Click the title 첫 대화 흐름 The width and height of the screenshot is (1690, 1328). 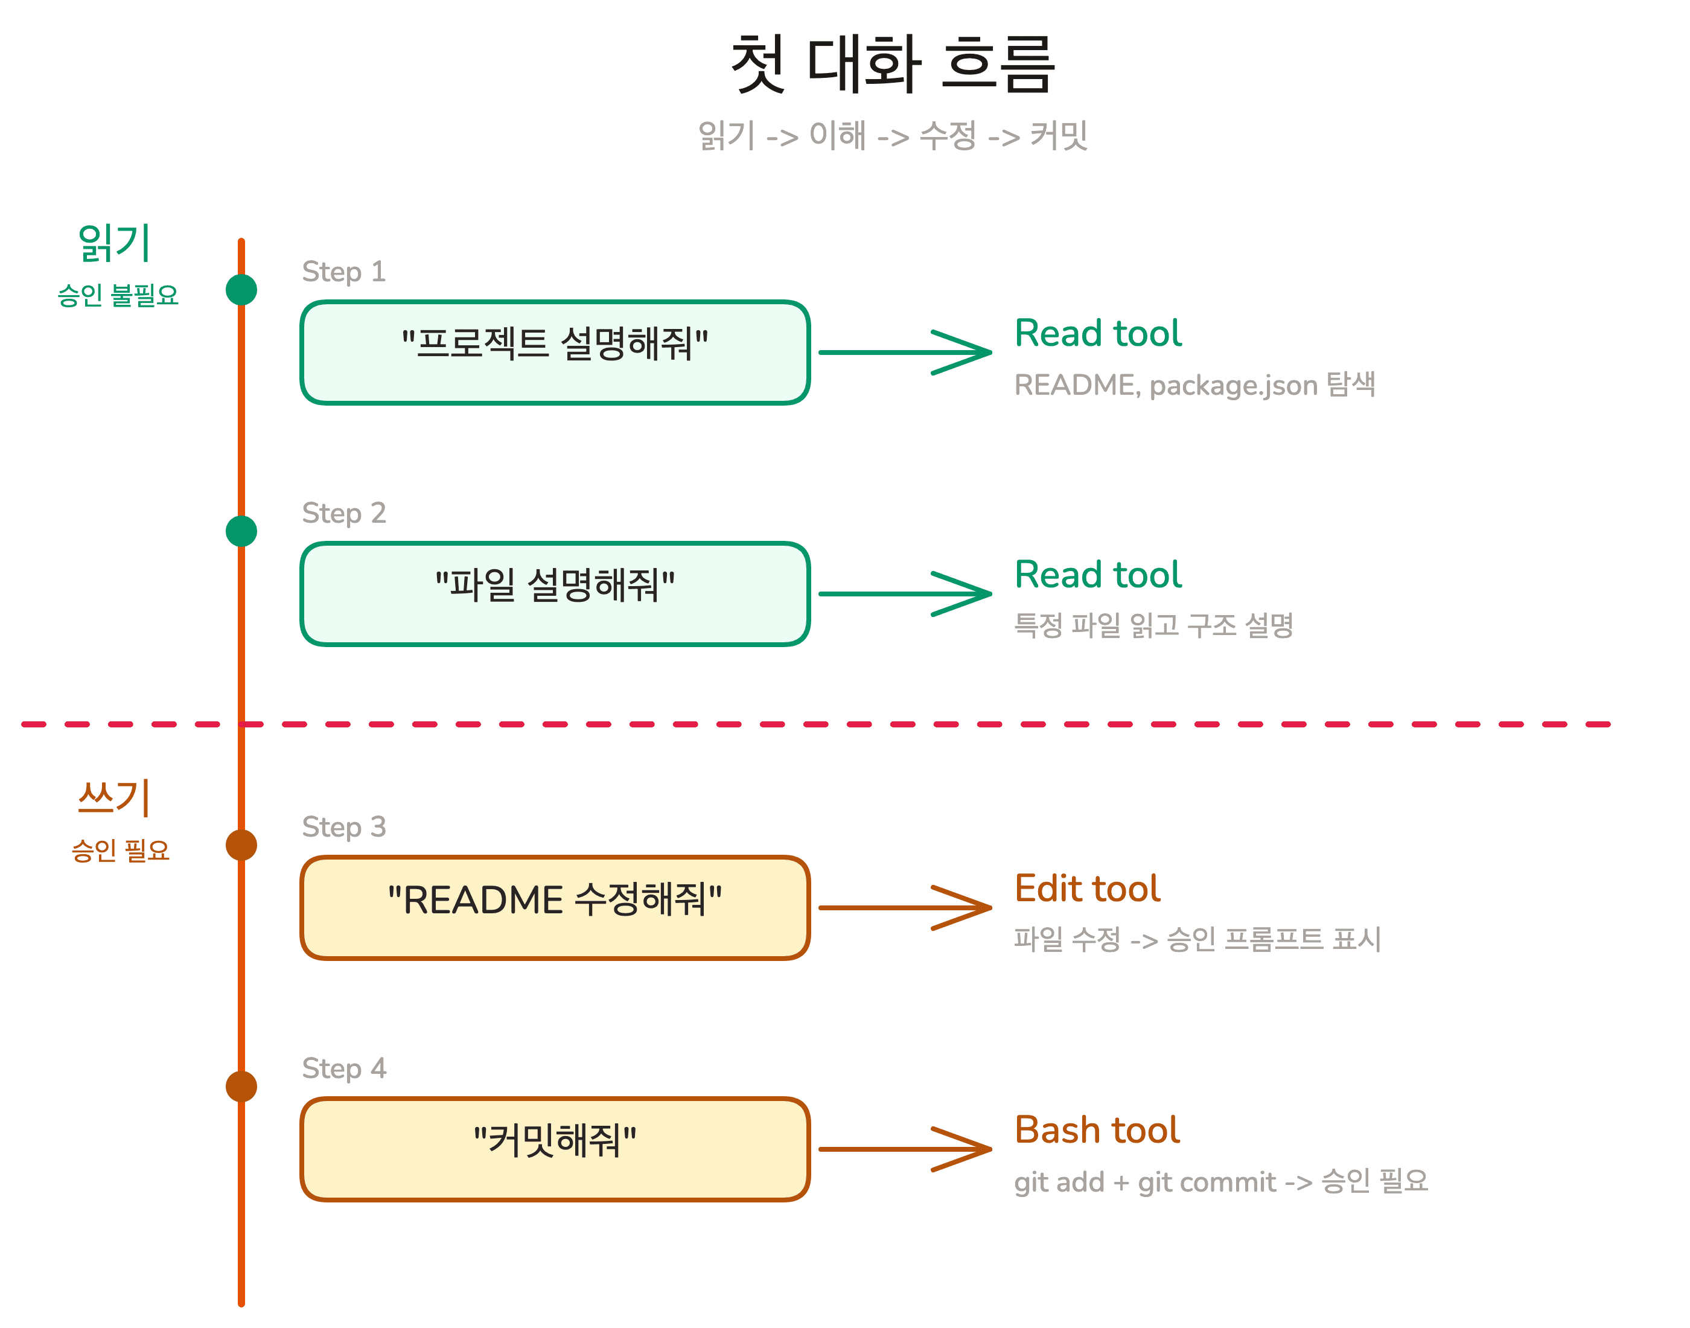893,64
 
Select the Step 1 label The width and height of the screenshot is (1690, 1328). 343,272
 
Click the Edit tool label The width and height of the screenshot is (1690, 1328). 1087,889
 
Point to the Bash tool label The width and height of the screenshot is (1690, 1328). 1097,1130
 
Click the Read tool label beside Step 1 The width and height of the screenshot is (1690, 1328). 1098,334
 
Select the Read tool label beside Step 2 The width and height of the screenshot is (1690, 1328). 1098,575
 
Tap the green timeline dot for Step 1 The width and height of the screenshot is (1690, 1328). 241,290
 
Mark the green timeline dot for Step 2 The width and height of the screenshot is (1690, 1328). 241,532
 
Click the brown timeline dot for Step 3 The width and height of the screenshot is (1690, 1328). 241,845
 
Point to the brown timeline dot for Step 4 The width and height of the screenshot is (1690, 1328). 241,1086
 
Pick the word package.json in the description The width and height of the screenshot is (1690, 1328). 1233,386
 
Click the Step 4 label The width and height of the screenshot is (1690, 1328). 343,1068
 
